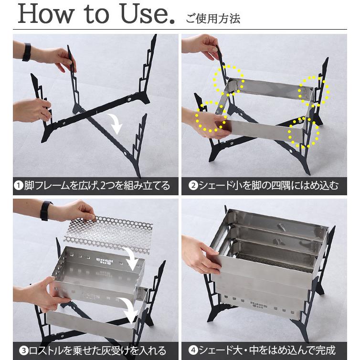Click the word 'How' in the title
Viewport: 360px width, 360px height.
coord(45,14)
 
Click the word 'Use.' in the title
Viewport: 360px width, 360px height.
coord(148,14)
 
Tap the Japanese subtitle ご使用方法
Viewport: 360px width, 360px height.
coord(213,18)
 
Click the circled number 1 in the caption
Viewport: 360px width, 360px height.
coord(18,186)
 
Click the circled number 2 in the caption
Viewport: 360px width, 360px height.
coord(193,186)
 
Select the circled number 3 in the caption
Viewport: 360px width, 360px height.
coord(24,350)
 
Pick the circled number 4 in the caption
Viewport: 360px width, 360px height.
coord(193,350)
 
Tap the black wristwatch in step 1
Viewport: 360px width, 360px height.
coord(27,52)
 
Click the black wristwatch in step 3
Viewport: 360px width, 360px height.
coord(45,211)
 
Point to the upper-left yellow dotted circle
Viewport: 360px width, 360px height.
coord(228,80)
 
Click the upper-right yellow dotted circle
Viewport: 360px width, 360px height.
coord(313,91)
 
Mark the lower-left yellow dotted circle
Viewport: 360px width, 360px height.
coord(211,116)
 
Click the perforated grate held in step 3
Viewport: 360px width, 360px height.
coord(108,233)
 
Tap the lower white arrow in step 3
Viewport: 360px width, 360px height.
coord(128,310)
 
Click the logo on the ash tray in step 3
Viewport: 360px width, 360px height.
coord(105,261)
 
